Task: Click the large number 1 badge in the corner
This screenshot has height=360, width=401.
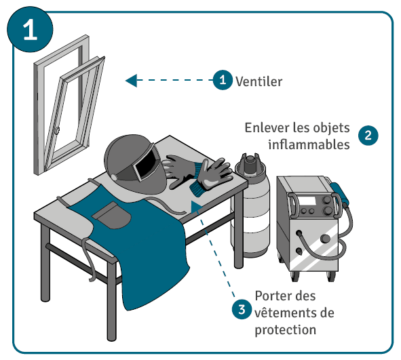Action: tap(30, 29)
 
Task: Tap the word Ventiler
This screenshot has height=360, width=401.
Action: tap(259, 82)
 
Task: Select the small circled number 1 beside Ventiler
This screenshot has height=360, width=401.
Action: tap(223, 80)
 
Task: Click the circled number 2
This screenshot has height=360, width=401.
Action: tap(368, 135)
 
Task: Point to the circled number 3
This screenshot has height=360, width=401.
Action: tap(242, 309)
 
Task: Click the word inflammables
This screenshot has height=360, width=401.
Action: tap(309, 144)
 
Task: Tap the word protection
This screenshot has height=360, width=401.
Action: tap(286, 330)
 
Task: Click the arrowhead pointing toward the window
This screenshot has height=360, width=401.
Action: tap(131, 81)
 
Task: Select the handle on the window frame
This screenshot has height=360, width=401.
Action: tap(57, 130)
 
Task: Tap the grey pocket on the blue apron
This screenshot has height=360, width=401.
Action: tap(112, 215)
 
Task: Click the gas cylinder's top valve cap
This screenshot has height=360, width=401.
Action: tap(249, 162)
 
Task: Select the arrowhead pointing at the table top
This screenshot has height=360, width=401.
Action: tap(196, 207)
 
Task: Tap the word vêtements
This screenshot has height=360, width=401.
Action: tap(286, 313)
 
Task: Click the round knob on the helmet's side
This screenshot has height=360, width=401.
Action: tap(114, 177)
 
